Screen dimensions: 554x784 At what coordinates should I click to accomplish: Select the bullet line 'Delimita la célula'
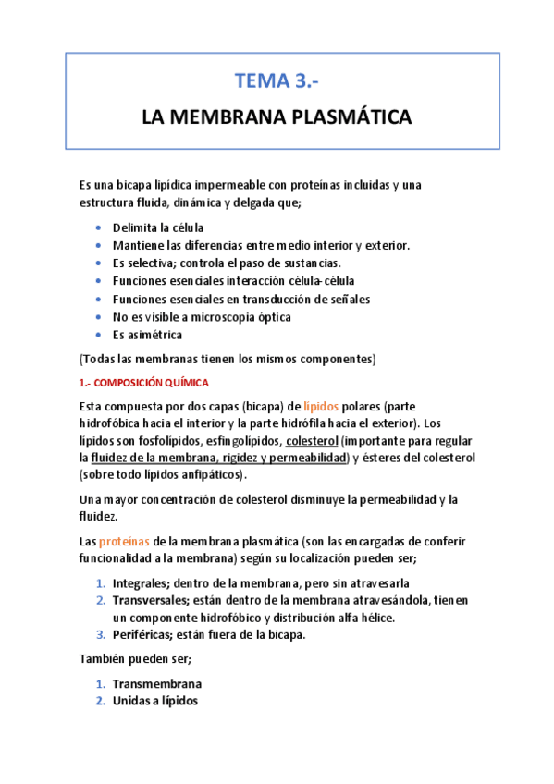click(x=157, y=227)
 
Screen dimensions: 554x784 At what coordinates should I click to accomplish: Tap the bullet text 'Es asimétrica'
click(x=147, y=335)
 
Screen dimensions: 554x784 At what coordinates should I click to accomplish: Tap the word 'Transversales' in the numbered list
click(x=151, y=600)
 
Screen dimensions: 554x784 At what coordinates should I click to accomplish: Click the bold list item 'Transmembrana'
click(x=156, y=684)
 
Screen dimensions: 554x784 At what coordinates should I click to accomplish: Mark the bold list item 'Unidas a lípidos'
click(x=154, y=701)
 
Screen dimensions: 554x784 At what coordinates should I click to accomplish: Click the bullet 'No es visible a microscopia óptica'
click(x=202, y=317)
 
